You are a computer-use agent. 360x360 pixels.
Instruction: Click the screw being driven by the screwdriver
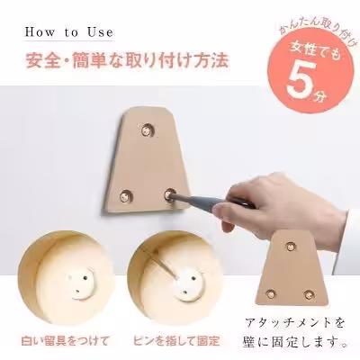tap(169, 193)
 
